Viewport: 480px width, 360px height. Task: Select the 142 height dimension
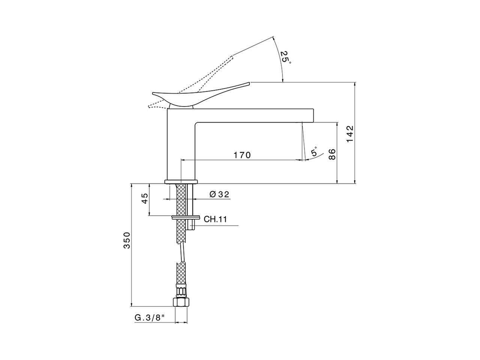click(x=349, y=133)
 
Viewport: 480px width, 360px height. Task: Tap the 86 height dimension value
click(x=332, y=154)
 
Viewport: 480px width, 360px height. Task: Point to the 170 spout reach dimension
click(x=242, y=155)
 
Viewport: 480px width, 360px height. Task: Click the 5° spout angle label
click(x=314, y=151)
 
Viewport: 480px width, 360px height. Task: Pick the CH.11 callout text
click(x=215, y=219)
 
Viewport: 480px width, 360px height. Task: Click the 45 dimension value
click(x=144, y=199)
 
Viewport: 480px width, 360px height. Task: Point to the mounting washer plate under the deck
click(x=186, y=217)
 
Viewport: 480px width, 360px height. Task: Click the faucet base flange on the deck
click(x=180, y=182)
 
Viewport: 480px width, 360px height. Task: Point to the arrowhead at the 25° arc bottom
click(x=282, y=79)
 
